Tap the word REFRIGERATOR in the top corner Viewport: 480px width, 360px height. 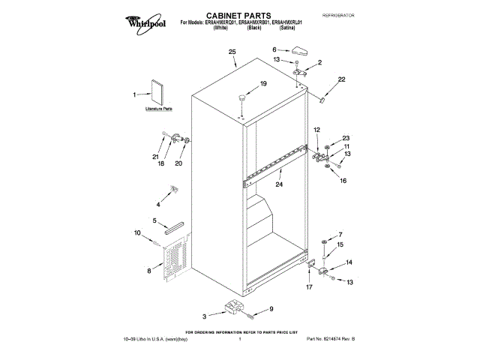(x=337, y=15)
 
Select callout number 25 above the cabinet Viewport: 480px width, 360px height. (x=232, y=52)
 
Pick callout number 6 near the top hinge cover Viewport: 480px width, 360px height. (x=275, y=49)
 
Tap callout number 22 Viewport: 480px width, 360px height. (x=341, y=79)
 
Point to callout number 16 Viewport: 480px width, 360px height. (x=343, y=181)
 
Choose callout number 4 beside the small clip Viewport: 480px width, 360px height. (x=158, y=203)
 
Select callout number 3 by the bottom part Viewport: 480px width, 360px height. (x=204, y=316)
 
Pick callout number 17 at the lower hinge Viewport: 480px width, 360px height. (x=308, y=286)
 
